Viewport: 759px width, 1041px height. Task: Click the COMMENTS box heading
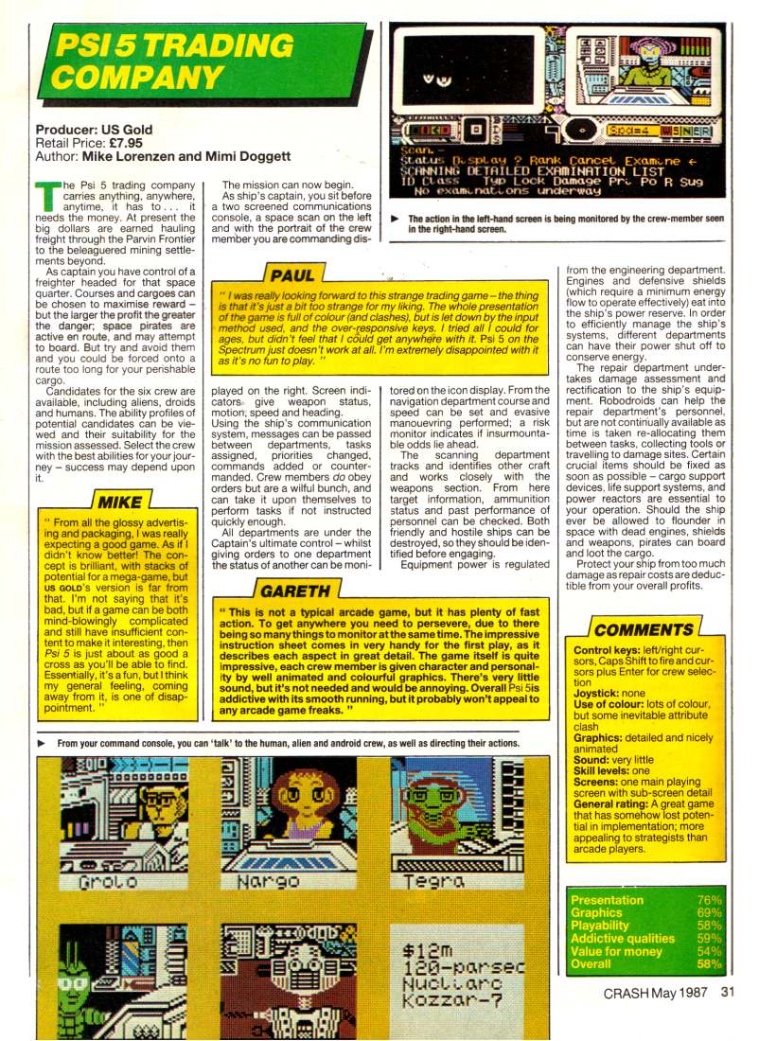pyautogui.click(x=644, y=629)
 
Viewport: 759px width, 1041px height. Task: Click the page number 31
pyautogui.click(x=727, y=993)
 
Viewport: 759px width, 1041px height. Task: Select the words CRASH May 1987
pyautogui.click(x=658, y=993)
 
